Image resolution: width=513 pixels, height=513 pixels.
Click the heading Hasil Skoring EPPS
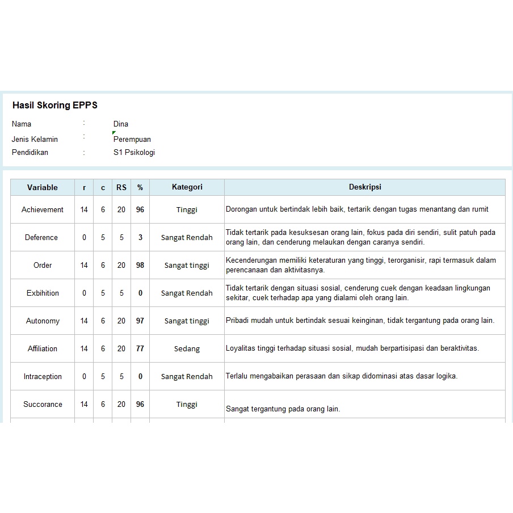point(55,105)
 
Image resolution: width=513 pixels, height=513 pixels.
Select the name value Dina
point(121,124)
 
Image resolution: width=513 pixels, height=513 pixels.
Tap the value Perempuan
point(132,139)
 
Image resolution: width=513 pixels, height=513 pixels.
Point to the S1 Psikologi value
point(134,152)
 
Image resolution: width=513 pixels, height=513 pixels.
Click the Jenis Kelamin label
point(35,139)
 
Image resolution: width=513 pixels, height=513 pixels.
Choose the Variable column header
point(43,187)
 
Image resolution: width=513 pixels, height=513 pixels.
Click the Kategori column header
point(187,187)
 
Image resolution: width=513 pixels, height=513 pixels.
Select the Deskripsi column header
point(364,187)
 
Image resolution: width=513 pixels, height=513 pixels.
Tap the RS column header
point(121,187)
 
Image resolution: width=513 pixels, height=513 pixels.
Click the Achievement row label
point(43,209)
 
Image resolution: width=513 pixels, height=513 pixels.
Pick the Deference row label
point(41,237)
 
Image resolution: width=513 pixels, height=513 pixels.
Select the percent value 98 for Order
point(140,265)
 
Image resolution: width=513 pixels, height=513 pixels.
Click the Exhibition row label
point(43,293)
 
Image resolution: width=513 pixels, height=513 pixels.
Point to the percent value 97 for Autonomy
point(140,321)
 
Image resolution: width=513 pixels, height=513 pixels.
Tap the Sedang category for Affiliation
point(187,348)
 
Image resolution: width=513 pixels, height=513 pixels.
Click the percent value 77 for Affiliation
point(140,348)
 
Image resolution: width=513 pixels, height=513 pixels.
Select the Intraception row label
point(43,376)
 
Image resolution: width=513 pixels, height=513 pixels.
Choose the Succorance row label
point(43,404)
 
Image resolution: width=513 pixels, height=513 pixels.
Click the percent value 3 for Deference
point(140,237)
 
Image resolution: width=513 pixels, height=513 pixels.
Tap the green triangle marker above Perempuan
point(114,133)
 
